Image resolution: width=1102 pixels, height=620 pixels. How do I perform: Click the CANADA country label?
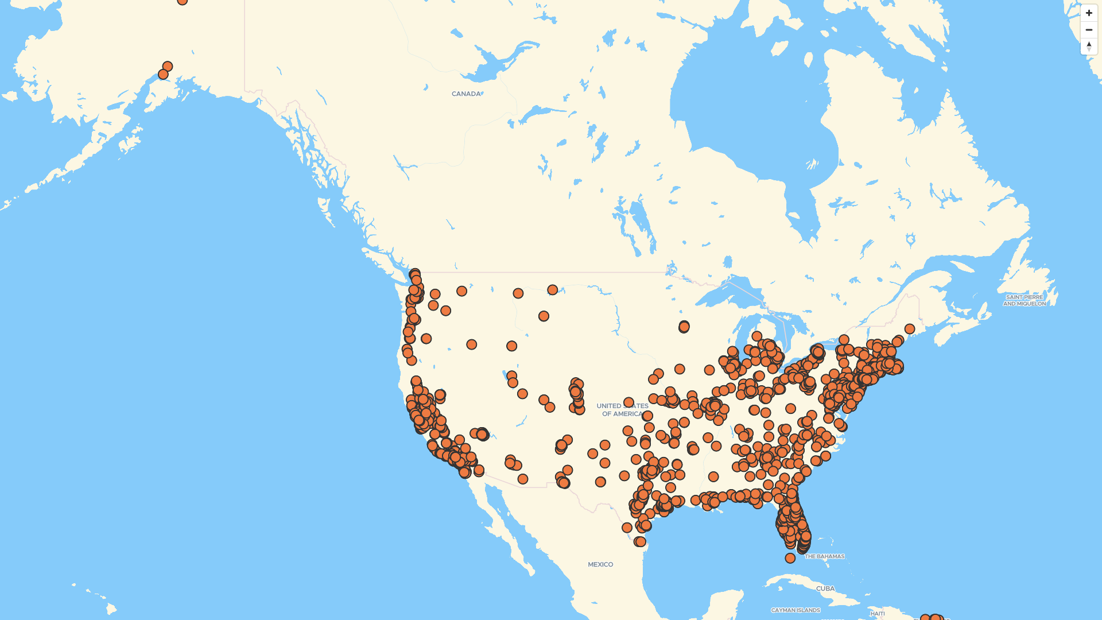click(x=466, y=94)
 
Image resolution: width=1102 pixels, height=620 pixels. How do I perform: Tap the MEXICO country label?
click(x=600, y=564)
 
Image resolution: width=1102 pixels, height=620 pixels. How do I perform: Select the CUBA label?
click(x=825, y=588)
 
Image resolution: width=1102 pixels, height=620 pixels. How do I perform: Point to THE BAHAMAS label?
click(x=824, y=556)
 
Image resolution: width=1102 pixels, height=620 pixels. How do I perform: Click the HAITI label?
click(x=877, y=614)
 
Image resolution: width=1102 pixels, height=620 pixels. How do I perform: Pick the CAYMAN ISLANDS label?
click(x=795, y=610)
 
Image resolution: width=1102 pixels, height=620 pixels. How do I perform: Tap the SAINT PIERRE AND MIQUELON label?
click(x=1025, y=300)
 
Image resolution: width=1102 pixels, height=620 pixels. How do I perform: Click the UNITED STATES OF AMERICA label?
click(x=622, y=410)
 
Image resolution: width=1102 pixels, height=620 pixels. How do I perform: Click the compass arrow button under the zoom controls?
click(x=1089, y=46)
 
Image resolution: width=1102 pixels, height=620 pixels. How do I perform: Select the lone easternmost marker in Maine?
click(x=909, y=329)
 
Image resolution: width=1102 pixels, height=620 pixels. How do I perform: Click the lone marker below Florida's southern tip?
click(x=790, y=558)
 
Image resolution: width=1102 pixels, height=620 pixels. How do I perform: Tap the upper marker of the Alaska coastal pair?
click(x=168, y=67)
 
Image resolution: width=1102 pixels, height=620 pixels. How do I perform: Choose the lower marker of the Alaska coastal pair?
click(x=163, y=75)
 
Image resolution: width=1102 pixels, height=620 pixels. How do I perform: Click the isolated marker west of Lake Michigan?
click(x=684, y=327)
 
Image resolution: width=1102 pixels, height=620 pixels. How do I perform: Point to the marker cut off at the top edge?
click(x=182, y=2)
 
